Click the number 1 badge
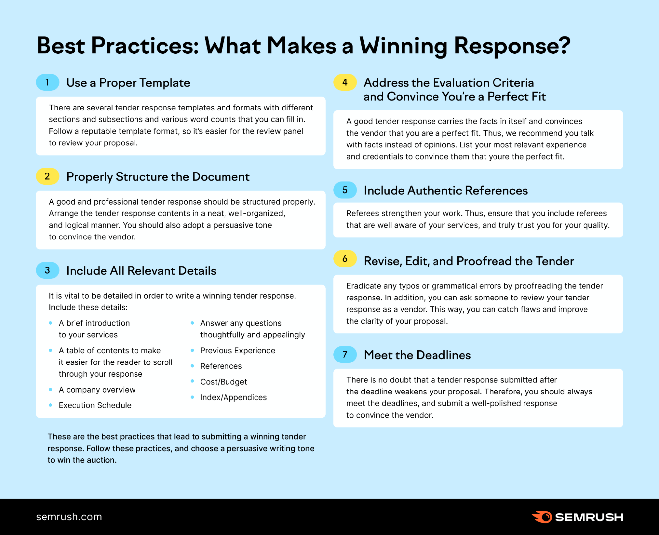[x=47, y=82]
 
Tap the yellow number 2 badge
[x=47, y=176]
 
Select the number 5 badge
[x=345, y=190]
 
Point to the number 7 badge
[x=345, y=355]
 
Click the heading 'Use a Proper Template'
[x=128, y=83]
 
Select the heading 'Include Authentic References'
[x=445, y=190]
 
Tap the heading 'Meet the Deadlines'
[x=417, y=355]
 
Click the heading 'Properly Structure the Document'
[x=158, y=177]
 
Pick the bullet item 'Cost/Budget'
[x=224, y=382]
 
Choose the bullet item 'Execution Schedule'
[x=95, y=405]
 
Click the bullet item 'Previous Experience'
[x=237, y=350]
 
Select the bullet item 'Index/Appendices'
[x=233, y=397]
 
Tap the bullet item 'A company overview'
[x=97, y=390]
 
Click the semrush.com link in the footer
[x=69, y=517]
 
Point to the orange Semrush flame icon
[x=542, y=517]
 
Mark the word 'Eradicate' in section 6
[x=363, y=286]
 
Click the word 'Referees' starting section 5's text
[x=363, y=213]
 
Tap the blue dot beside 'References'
[x=192, y=366]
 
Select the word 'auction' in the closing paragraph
[x=102, y=460]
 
